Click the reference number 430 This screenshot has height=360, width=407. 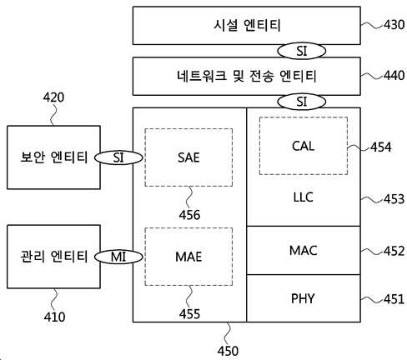point(394,25)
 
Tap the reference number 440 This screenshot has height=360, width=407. point(394,75)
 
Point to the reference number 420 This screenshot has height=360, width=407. point(53,97)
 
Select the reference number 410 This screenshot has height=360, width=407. point(54,317)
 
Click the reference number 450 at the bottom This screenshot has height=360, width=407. point(228,351)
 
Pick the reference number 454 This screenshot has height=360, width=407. point(381,147)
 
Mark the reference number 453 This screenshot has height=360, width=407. point(394,199)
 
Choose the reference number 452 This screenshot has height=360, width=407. point(394,251)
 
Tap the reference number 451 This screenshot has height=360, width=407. point(394,299)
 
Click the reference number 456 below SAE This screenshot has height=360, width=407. point(189,215)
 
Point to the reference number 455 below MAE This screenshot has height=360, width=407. point(189,314)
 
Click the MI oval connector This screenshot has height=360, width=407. point(118,257)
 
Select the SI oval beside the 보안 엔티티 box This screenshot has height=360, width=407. point(118,157)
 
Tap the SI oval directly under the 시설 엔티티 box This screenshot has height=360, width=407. point(302,51)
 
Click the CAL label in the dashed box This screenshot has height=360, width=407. point(304,146)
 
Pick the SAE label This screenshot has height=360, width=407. point(188,157)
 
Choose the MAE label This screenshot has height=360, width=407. point(188,257)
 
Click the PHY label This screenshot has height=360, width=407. point(303,298)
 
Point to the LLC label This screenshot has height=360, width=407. point(304,197)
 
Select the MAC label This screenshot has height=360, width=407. point(304,251)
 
